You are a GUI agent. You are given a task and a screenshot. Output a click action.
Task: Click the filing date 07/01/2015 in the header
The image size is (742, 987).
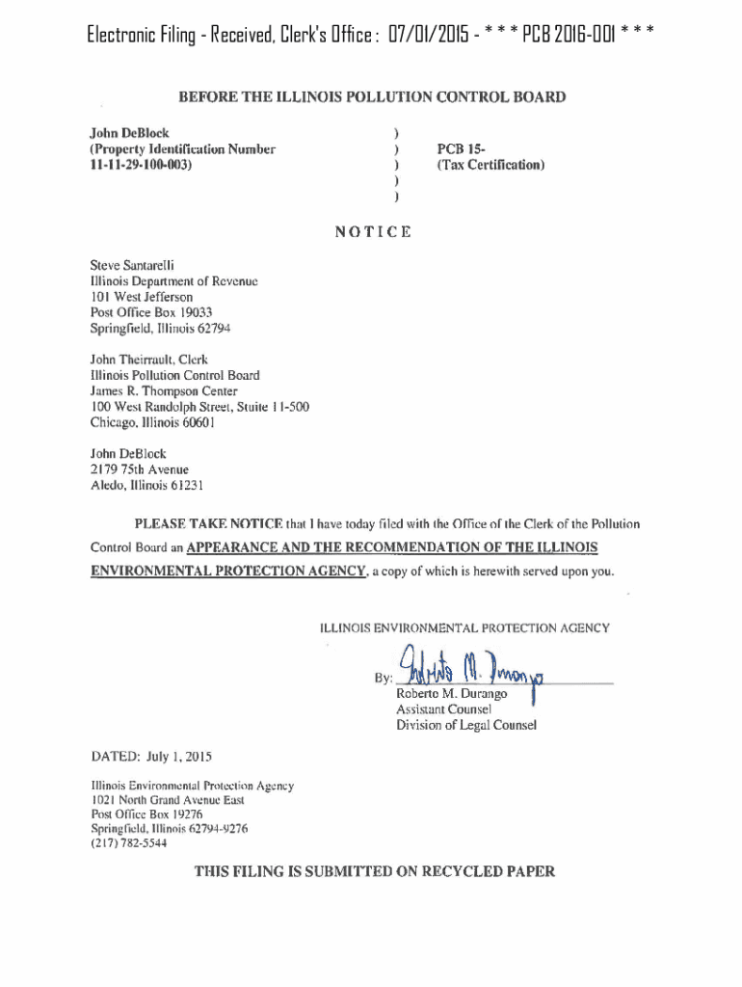tap(437, 38)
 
